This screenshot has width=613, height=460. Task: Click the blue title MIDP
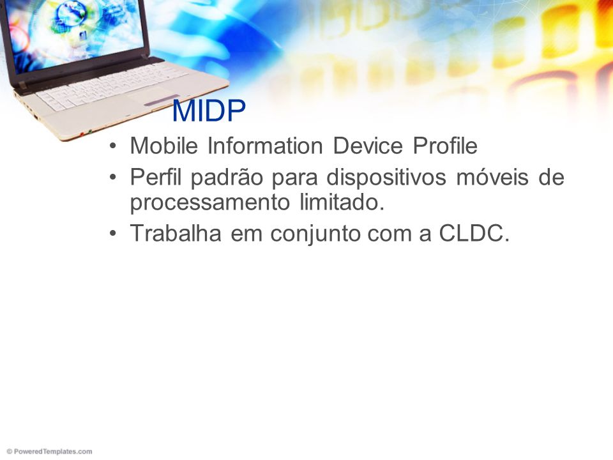pos(209,111)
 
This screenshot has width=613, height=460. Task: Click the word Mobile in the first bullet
pos(164,146)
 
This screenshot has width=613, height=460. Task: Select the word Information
pos(265,146)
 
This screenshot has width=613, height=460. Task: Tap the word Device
pos(368,146)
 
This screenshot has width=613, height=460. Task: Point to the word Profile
pos(445,146)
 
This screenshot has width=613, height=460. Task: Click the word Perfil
pos(156,177)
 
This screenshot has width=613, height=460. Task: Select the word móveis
pos(492,177)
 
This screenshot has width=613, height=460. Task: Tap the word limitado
pos(342,203)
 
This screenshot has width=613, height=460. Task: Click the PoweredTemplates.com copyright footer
pos(49,452)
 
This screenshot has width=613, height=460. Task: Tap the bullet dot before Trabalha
pos(114,234)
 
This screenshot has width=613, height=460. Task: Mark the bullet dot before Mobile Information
pos(114,146)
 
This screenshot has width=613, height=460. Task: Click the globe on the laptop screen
pos(71,14)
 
